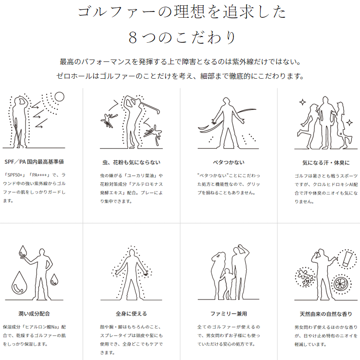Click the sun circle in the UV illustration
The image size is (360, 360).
[60, 96]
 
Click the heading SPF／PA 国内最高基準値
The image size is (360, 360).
[34, 162]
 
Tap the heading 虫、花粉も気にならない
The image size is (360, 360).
[132, 163]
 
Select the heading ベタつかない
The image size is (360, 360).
[228, 163]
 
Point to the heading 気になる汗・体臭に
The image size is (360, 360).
[326, 163]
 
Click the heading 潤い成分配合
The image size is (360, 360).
[34, 313]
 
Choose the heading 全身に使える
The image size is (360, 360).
[132, 313]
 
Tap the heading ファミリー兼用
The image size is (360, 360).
[228, 313]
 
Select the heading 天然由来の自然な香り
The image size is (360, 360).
[326, 314]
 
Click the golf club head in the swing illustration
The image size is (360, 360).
[158, 111]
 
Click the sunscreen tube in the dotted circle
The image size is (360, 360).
[348, 259]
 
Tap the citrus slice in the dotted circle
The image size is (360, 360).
[341, 284]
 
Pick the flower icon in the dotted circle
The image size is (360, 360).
[305, 277]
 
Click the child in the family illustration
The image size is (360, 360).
[228, 284]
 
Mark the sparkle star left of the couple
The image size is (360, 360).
[302, 102]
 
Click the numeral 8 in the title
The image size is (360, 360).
[133, 37]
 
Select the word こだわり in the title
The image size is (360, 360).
[206, 37]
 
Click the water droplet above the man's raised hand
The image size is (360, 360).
[23, 251]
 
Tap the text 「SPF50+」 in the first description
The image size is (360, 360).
[15, 175]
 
